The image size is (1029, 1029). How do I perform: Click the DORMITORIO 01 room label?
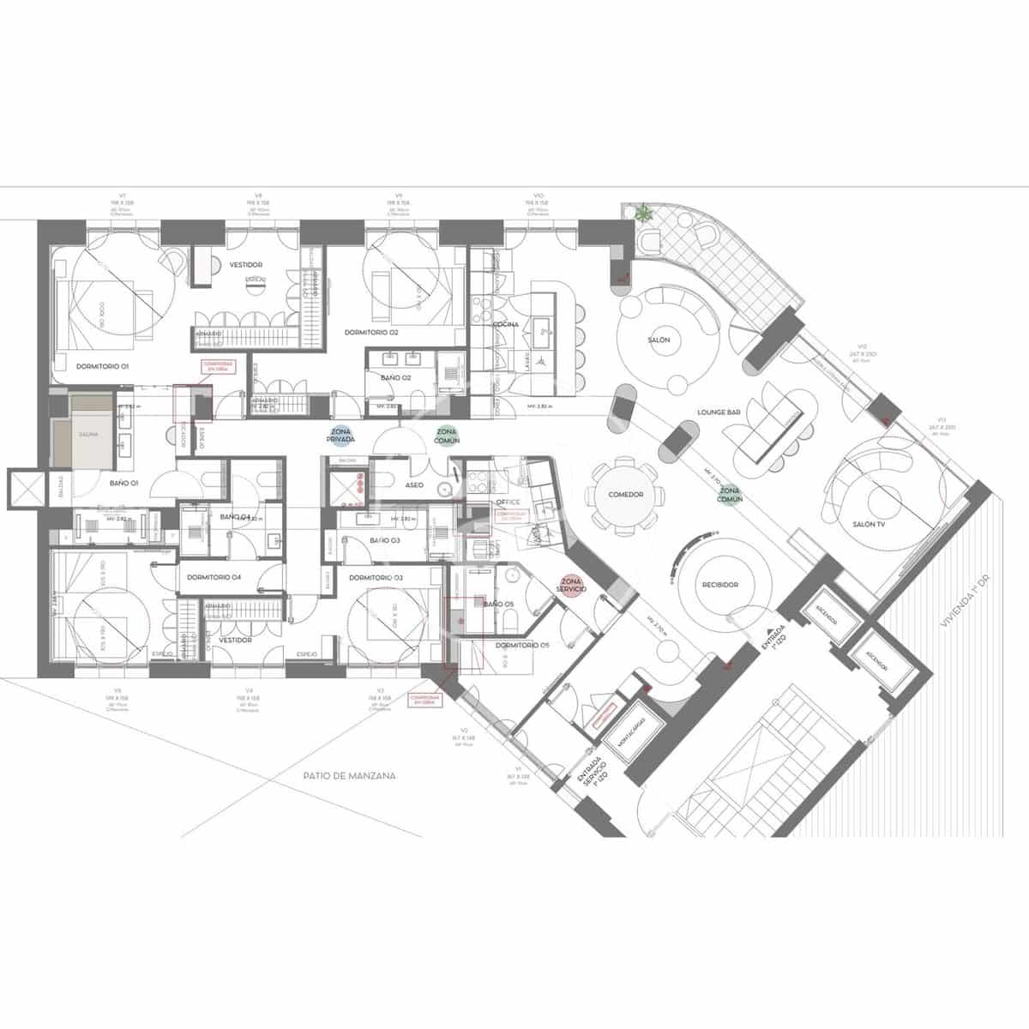(102, 366)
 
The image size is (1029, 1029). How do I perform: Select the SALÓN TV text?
(868, 524)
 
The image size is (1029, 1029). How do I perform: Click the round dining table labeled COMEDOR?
(625, 495)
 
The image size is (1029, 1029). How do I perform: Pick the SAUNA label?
(88, 435)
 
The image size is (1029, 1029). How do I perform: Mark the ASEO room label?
(414, 485)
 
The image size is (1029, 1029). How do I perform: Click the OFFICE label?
(508, 502)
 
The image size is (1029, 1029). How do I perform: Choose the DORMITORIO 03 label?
(376, 577)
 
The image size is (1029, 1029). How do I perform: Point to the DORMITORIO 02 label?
(371, 331)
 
